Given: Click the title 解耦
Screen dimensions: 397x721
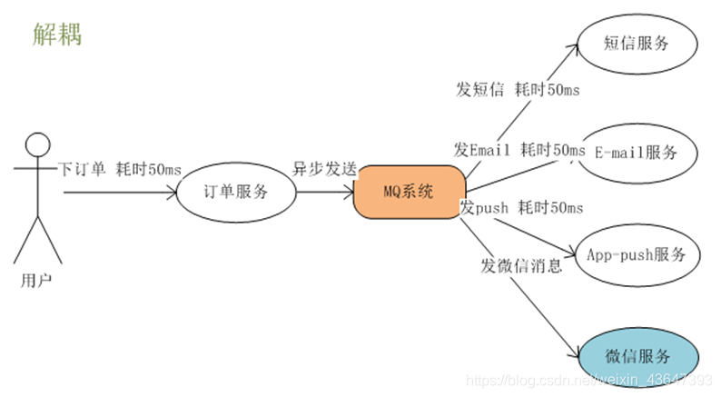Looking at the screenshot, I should [56, 34].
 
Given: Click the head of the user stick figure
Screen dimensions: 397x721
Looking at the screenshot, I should [37, 145].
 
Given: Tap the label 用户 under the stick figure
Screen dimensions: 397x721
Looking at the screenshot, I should [36, 280].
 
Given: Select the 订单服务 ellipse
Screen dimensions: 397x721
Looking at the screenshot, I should [236, 192].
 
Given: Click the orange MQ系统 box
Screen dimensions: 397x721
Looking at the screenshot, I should [408, 192].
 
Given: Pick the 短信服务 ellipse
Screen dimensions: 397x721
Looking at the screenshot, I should [636, 44].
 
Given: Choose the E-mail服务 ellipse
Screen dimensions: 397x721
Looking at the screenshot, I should [636, 152].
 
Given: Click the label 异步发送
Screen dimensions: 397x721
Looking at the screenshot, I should [323, 170].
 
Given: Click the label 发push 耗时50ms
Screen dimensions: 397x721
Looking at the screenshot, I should [521, 208].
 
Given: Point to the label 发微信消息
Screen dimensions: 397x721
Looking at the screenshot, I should [521, 266].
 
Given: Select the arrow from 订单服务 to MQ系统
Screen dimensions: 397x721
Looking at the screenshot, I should [324, 192].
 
